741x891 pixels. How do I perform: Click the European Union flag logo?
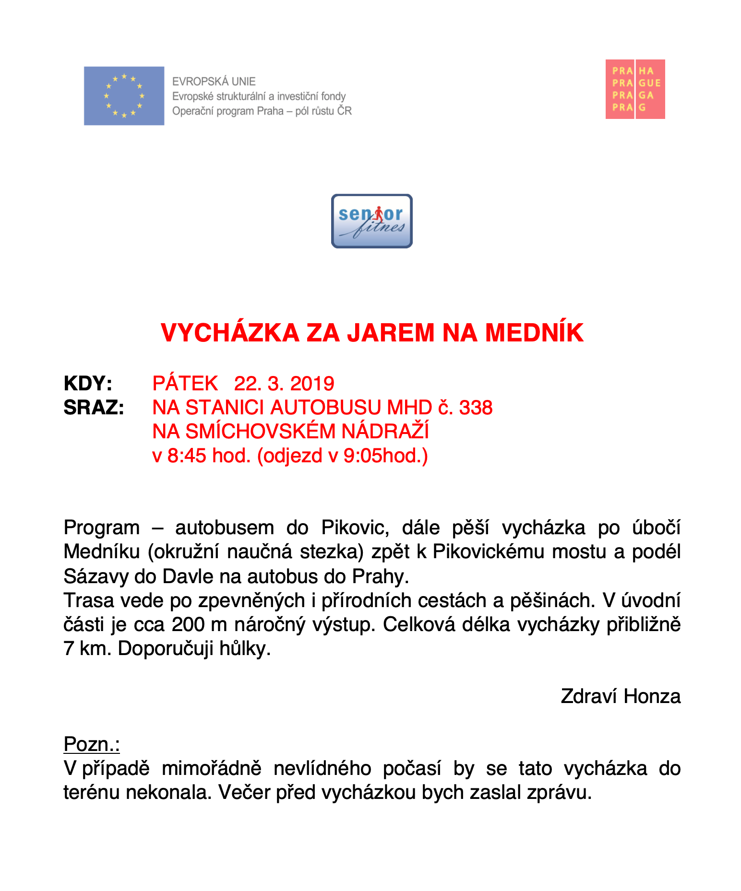(124, 96)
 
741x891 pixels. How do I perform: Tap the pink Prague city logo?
(635, 89)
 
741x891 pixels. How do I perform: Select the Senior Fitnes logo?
(371, 221)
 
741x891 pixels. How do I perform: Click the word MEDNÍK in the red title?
(534, 333)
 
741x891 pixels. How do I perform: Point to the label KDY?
(88, 384)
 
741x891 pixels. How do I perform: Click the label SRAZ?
(94, 408)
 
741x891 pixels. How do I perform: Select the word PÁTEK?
(185, 384)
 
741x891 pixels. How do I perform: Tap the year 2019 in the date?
(312, 384)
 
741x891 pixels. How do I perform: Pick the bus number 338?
(476, 408)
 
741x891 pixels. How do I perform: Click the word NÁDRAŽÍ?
(385, 432)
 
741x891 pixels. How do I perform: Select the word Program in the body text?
(101, 528)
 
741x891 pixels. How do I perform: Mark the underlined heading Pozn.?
(92, 744)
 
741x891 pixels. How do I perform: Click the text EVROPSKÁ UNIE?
(214, 82)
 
